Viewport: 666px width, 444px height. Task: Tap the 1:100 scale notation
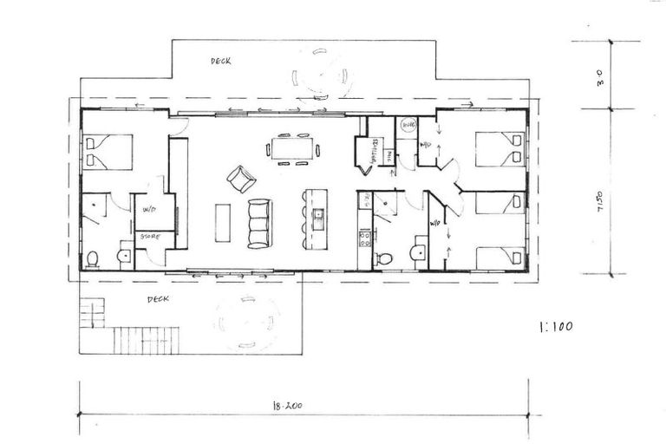tap(555, 328)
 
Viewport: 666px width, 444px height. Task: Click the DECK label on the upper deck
tap(221, 62)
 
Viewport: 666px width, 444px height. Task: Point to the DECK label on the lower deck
tap(157, 299)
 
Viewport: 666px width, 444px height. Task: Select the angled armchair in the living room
tap(241, 179)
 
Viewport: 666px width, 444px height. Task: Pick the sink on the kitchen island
tap(318, 214)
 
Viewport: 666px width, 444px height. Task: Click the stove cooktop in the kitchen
tap(365, 236)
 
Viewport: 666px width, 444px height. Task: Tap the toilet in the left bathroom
tap(92, 258)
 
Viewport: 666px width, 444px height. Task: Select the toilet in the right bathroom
tap(384, 258)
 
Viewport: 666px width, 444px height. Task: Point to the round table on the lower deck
tap(246, 322)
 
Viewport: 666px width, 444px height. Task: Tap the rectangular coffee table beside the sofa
tap(223, 223)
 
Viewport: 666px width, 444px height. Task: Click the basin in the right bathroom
tap(418, 253)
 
